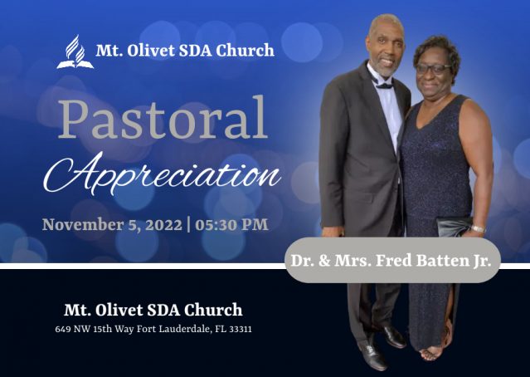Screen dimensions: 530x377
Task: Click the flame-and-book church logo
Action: coord(75,51)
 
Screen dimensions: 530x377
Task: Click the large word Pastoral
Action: coord(163,117)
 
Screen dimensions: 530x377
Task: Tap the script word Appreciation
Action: coord(162,174)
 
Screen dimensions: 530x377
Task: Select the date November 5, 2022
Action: coord(112,225)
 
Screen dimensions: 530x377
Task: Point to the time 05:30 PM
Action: coord(231,225)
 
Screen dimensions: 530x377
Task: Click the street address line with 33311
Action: coord(153,329)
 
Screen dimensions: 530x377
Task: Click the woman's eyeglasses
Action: coord(432,68)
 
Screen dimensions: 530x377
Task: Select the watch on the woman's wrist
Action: coord(478,228)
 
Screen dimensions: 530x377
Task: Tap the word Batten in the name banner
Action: coord(440,260)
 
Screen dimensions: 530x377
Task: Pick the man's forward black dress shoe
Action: coord(372,355)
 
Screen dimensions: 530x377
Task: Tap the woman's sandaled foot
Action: coord(430,354)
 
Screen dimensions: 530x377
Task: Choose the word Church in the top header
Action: coord(245,51)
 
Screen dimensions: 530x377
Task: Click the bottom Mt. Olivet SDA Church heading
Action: coord(153,310)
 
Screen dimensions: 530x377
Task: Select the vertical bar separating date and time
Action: coord(188,225)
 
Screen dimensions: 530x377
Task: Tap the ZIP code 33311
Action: coord(241,329)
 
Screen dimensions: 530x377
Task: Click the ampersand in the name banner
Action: coord(324,261)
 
